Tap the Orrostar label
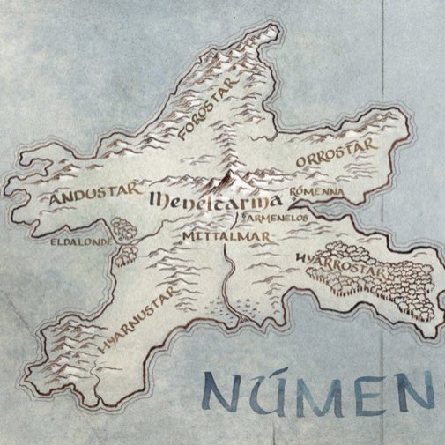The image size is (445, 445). [336, 152]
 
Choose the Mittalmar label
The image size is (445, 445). [218, 237]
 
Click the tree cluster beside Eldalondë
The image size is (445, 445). [126, 241]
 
